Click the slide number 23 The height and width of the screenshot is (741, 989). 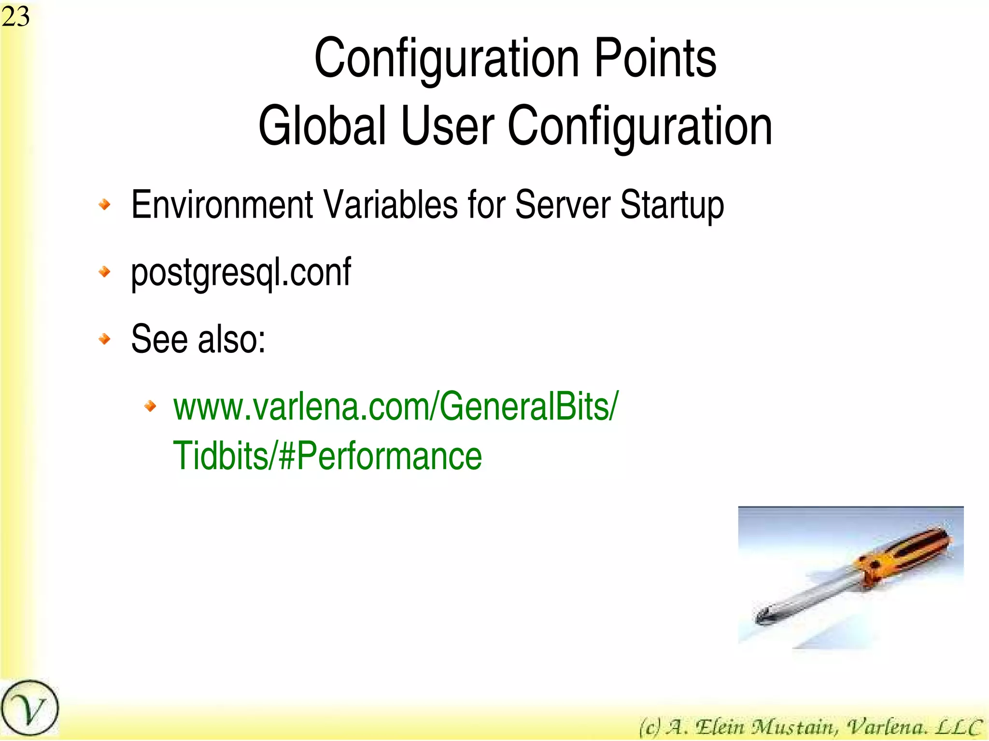pos(15,17)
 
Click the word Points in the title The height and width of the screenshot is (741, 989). pos(655,59)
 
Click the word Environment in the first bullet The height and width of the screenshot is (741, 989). pos(222,205)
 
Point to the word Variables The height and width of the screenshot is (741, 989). pos(390,205)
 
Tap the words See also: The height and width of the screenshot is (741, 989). pos(198,339)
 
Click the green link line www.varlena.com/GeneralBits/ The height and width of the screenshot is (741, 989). pos(396,407)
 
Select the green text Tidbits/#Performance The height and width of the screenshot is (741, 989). pos(327,456)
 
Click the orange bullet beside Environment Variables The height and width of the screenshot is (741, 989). pos(104,205)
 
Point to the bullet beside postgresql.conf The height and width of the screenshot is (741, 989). pos(104,272)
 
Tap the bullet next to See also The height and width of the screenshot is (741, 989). pos(104,339)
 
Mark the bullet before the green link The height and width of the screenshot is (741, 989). pos(151,406)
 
